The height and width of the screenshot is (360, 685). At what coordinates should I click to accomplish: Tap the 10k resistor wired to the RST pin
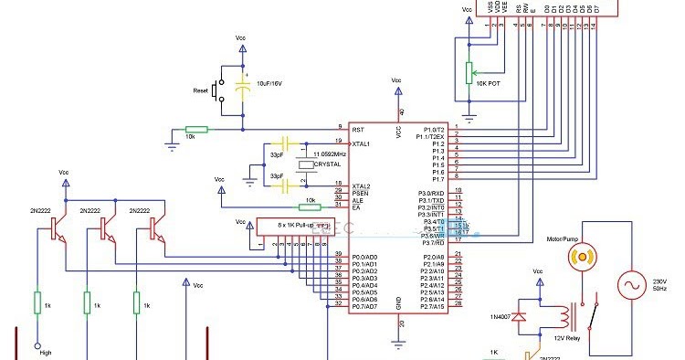196,130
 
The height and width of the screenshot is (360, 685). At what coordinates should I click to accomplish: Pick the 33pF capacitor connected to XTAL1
285,143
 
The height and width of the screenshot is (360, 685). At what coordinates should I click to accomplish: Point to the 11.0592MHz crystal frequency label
330,155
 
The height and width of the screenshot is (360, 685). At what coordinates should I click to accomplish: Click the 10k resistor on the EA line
311,207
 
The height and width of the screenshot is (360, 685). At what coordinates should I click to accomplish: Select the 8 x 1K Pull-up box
290,223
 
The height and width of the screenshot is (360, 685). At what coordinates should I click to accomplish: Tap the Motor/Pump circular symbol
579,258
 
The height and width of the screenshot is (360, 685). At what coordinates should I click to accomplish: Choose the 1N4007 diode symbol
520,317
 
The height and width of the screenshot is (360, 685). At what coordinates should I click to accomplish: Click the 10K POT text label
487,82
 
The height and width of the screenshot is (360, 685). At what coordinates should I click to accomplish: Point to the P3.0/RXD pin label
430,193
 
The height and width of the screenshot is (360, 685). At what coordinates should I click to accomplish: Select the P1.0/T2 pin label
430,130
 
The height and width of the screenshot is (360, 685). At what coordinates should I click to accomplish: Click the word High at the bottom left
45,353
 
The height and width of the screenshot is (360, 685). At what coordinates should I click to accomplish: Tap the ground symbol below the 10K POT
469,116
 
